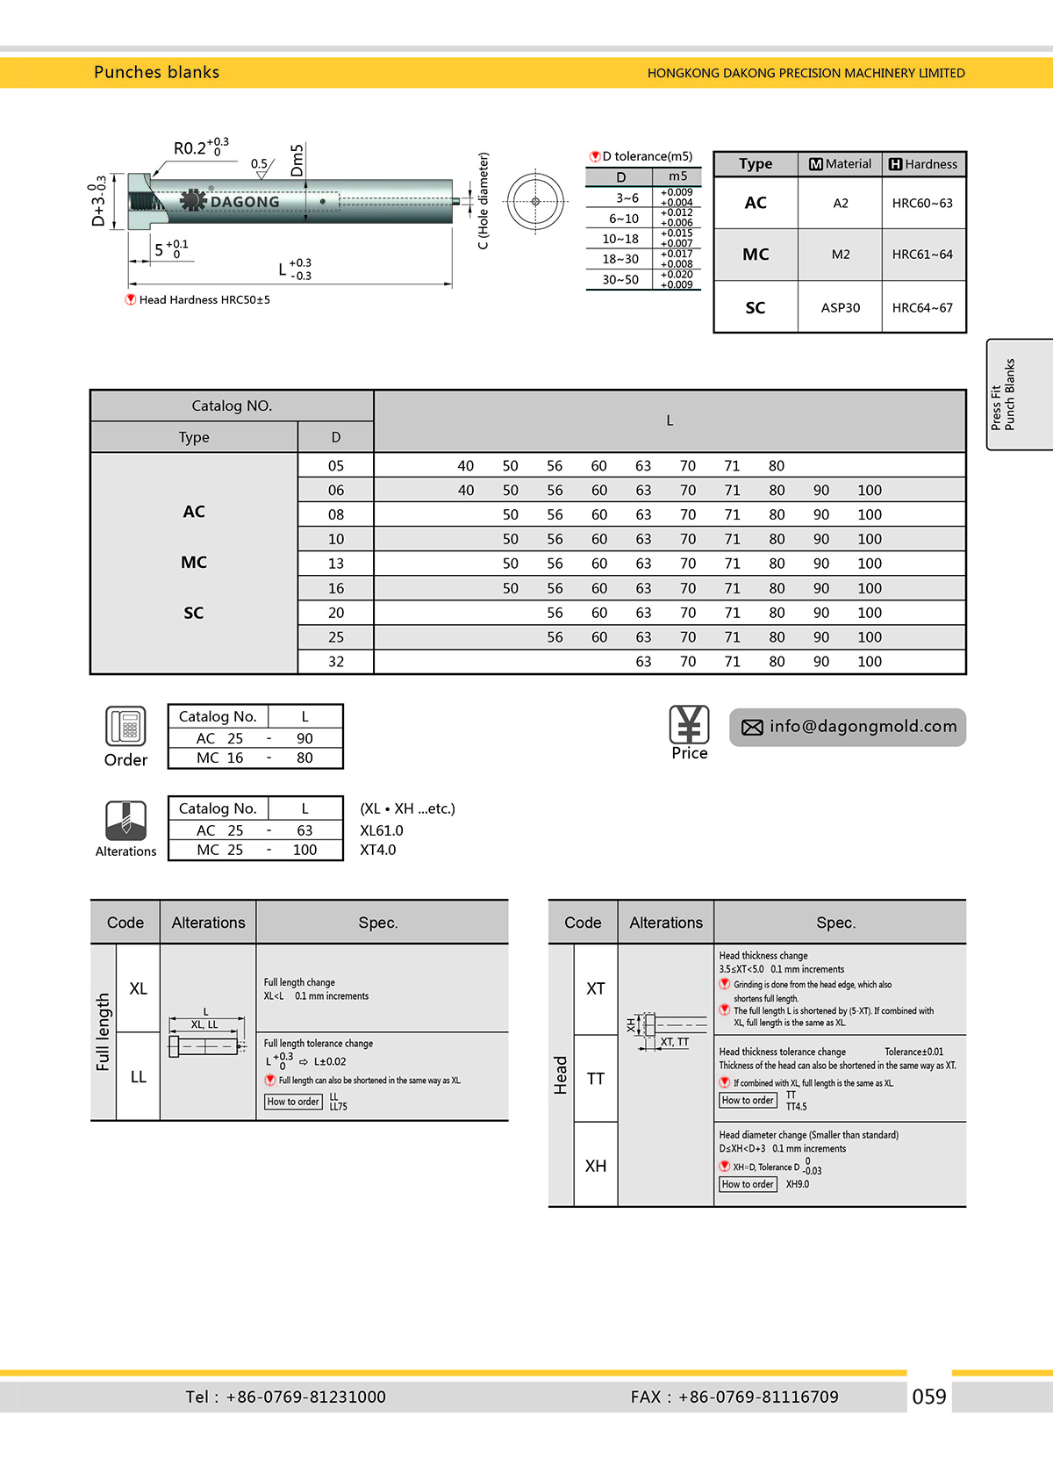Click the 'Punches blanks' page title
pyautogui.click(x=156, y=73)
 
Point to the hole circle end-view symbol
pyautogui.click(x=535, y=201)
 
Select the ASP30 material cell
pyautogui.click(x=840, y=308)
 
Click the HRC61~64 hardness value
pyautogui.click(x=922, y=255)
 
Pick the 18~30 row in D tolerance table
pyautogui.click(x=620, y=259)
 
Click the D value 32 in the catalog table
pyautogui.click(x=336, y=662)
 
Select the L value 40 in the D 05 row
pyautogui.click(x=466, y=466)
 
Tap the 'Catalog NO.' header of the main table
pyautogui.click(x=232, y=406)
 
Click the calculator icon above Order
pyautogui.click(x=125, y=727)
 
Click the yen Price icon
pyautogui.click(x=689, y=725)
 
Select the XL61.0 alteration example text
pyautogui.click(x=382, y=830)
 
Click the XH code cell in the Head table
pyautogui.click(x=596, y=1166)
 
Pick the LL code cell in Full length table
pyautogui.click(x=139, y=1077)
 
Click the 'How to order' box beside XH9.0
pyautogui.click(x=749, y=1184)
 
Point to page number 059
pyautogui.click(x=929, y=1397)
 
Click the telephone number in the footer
pyautogui.click(x=305, y=1397)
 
